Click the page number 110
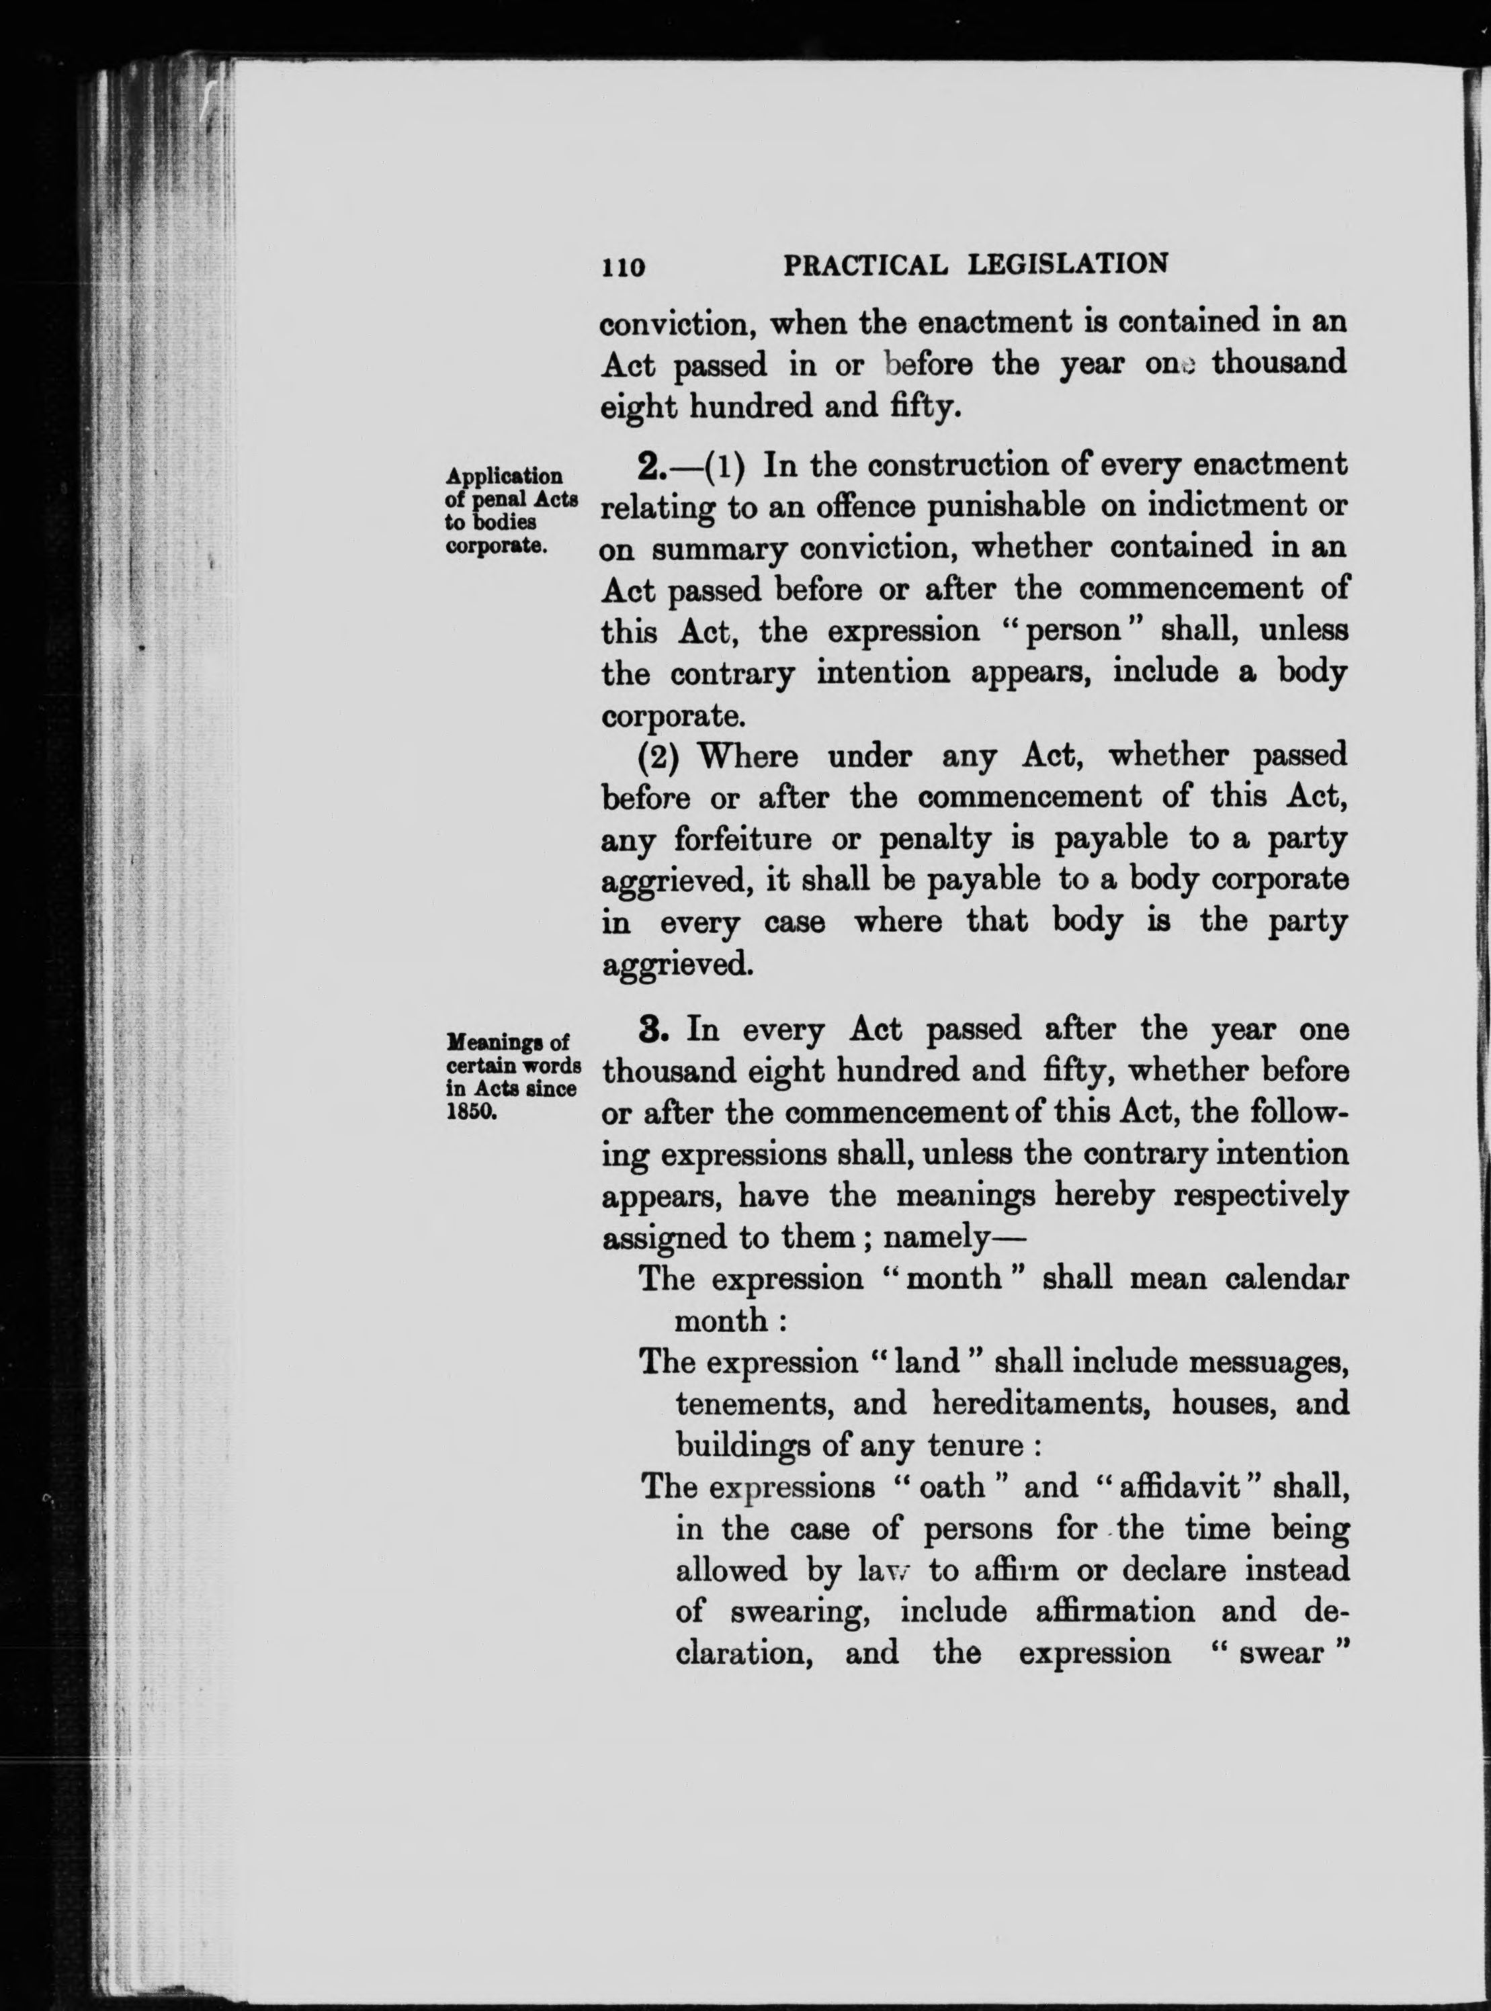(624, 266)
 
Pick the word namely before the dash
(938, 1237)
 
